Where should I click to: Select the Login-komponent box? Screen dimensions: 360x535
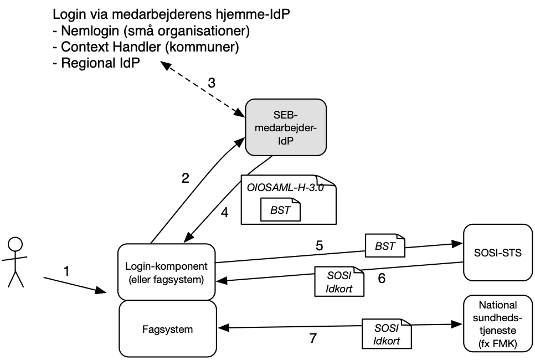pos(167,272)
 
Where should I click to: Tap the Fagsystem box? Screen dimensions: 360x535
pos(167,330)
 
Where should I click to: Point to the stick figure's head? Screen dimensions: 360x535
pos(16,244)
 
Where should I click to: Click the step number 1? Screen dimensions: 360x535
pos(67,271)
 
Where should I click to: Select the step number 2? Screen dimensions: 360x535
pos(186,178)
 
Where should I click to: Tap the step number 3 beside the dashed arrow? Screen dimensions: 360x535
pos(211,83)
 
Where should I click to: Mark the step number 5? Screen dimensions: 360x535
pos(320,244)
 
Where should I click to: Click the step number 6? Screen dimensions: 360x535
pos(382,278)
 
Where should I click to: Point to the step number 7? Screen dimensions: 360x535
pos(313,338)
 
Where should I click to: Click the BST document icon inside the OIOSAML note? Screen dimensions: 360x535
pos(280,210)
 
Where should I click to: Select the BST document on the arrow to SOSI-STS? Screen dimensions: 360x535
pos(385,246)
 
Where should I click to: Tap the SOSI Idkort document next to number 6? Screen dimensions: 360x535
pos(339,281)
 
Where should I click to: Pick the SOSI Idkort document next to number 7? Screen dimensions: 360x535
pos(386,333)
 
